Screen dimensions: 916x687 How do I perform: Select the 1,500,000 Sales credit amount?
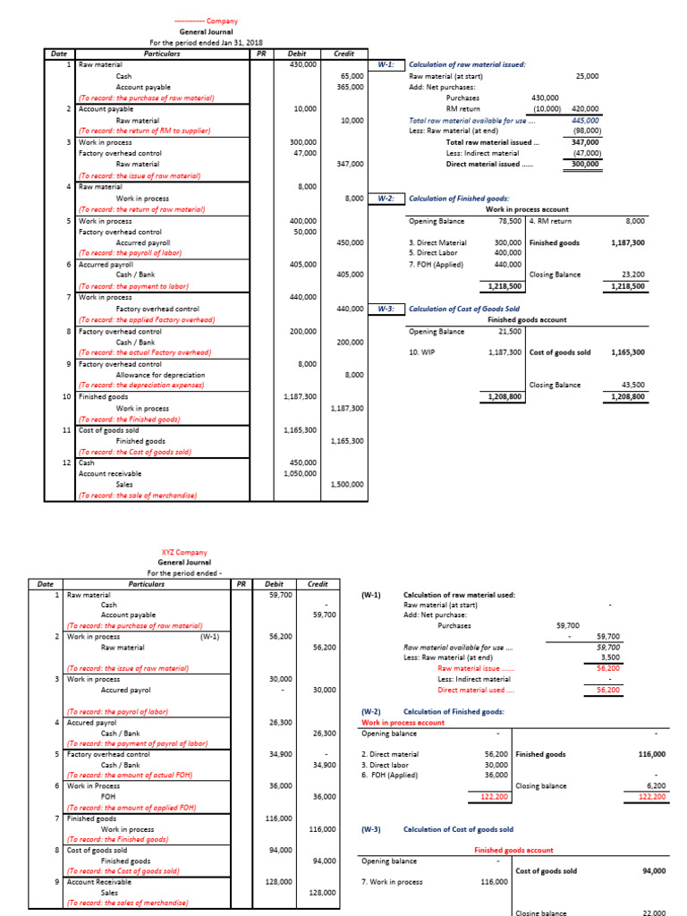click(346, 484)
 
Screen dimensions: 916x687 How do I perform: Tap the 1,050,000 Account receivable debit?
click(299, 473)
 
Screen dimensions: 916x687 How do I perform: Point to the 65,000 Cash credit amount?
click(352, 76)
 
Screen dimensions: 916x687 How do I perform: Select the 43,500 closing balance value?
click(631, 385)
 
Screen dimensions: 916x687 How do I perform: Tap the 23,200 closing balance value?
click(631, 275)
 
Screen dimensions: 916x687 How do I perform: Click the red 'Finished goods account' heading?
click(513, 850)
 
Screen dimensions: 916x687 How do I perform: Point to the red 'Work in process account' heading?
click(403, 723)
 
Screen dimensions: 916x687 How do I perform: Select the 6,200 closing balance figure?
click(654, 785)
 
